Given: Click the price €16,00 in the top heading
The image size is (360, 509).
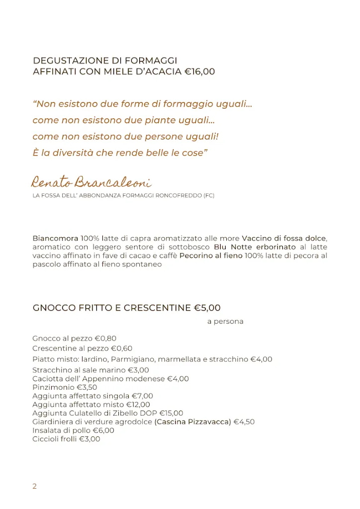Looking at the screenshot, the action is [x=199, y=72].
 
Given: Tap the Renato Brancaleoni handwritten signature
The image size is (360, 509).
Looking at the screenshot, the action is [x=91, y=182].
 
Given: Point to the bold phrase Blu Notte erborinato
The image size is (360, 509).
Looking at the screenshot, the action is [x=255, y=247].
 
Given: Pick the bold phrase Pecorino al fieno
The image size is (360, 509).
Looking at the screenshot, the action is [x=211, y=256].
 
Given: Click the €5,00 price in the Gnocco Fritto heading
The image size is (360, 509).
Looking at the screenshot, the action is [x=207, y=308].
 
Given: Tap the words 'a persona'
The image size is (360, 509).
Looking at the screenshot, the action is [x=225, y=322].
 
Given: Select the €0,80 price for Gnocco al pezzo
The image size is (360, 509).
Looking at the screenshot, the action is [x=105, y=339].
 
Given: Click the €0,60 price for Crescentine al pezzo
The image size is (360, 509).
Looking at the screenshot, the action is [x=121, y=348].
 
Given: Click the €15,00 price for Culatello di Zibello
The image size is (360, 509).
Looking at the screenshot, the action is [x=171, y=413].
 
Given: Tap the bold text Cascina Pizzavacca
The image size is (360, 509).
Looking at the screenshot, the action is [x=192, y=422].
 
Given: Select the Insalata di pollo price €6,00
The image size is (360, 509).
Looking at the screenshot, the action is [x=103, y=430].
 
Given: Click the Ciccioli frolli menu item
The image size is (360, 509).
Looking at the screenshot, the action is [x=55, y=439].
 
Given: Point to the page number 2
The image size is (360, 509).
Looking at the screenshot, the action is [x=35, y=487].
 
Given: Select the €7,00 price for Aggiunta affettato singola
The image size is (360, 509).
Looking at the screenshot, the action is [x=142, y=396].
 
